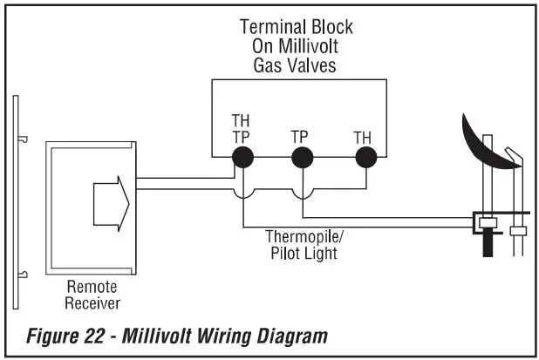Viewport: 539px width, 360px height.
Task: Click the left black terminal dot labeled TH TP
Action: [x=242, y=157]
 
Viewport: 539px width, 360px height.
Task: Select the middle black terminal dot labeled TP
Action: [x=302, y=157]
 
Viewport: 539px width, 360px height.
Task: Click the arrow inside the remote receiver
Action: [x=111, y=206]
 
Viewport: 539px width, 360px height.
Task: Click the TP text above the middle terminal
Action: [x=299, y=137]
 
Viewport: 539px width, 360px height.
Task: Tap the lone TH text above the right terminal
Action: [x=362, y=137]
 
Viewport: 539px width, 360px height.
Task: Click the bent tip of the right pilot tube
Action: [x=516, y=156]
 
